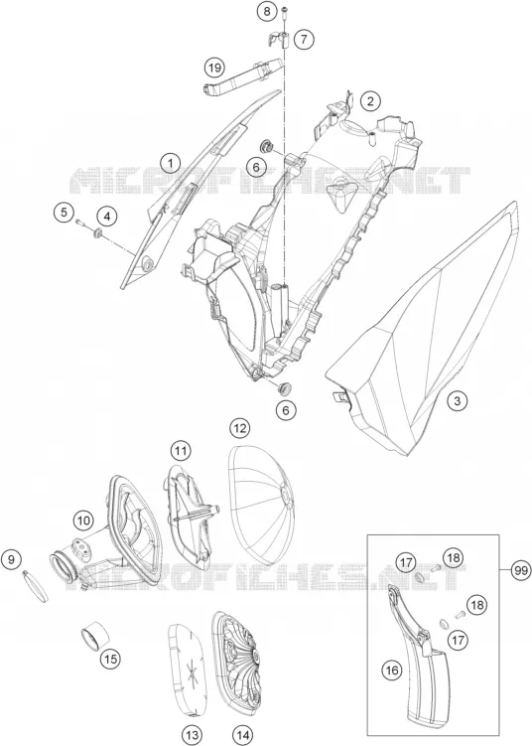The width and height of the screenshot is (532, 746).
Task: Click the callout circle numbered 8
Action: click(x=267, y=11)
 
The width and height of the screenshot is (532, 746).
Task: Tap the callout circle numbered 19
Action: click(x=214, y=68)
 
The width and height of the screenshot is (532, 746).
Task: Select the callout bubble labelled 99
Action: click(x=521, y=570)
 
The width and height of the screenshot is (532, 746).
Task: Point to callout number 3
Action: click(x=457, y=400)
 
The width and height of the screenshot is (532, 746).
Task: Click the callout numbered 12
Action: click(x=239, y=429)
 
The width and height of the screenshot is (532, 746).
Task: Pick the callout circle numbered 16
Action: click(x=392, y=671)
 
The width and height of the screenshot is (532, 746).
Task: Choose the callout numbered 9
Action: click(x=11, y=559)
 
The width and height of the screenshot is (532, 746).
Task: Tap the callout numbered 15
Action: click(x=110, y=659)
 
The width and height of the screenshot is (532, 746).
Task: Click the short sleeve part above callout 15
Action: click(x=96, y=635)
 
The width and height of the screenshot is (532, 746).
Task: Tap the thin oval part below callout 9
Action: click(x=35, y=586)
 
